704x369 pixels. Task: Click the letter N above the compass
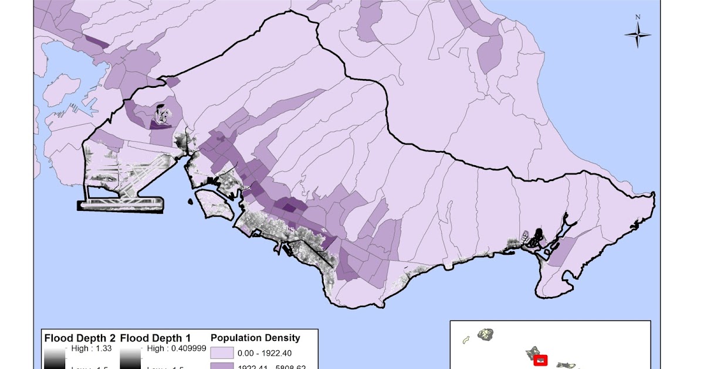[x=638, y=17]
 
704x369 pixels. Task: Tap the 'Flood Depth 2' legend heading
[x=80, y=338]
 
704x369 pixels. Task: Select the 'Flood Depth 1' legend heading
[x=156, y=338]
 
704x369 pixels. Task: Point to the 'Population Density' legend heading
[x=255, y=338]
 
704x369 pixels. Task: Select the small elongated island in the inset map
[x=466, y=340]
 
